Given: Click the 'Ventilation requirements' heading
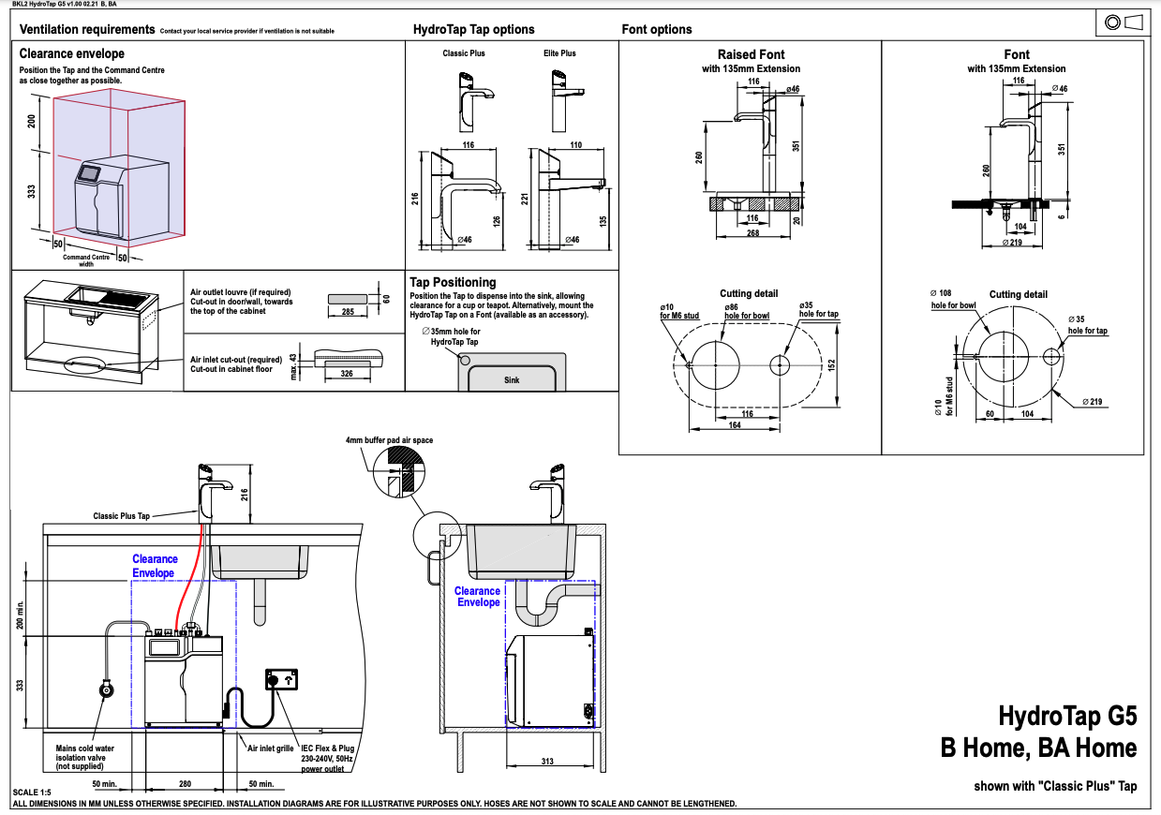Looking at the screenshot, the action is point(87,29).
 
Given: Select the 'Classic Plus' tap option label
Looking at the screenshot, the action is point(463,52).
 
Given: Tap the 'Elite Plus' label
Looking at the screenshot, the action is point(559,52).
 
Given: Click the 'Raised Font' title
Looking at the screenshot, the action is point(751,54).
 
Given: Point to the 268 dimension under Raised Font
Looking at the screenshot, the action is point(752,232).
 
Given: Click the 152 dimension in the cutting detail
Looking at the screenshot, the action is point(831,364).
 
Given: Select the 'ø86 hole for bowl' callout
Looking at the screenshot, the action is point(746,311).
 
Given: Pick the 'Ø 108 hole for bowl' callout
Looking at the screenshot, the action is point(953,299).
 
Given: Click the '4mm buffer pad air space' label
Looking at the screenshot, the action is point(389,440).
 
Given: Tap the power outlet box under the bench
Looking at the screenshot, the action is point(281,679).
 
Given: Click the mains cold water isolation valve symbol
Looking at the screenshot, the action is point(106,689).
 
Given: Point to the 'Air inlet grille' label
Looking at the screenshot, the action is point(270,748).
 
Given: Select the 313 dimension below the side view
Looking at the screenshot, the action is point(547,761).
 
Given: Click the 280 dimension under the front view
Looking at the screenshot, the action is point(185,784).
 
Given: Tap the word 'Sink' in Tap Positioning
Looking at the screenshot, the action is point(512,379).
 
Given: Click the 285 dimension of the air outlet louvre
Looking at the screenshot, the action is point(348,311).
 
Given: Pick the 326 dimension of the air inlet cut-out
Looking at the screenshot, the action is point(347,373).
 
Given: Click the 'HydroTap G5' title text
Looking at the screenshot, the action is point(1067,716).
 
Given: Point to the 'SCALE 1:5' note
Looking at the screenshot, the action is point(32,793).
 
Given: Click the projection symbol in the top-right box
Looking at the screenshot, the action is point(1124,22).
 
